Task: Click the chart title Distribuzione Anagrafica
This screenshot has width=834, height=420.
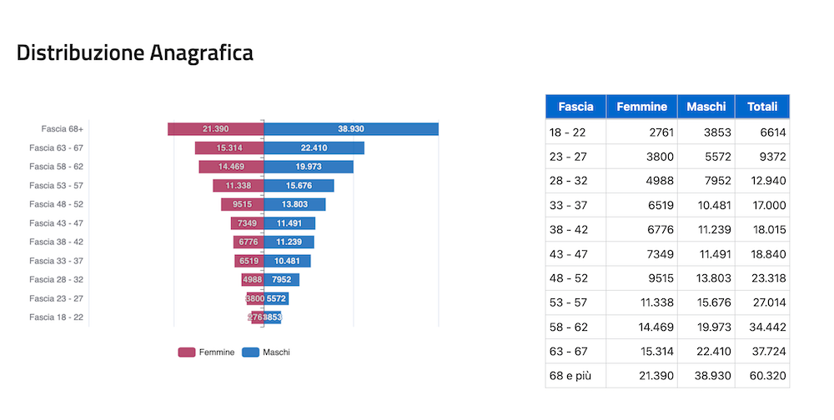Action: pos(135,52)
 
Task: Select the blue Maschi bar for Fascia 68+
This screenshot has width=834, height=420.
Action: pos(351,129)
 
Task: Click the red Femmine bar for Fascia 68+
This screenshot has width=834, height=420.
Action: pos(215,129)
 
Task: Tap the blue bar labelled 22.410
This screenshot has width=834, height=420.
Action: pos(314,148)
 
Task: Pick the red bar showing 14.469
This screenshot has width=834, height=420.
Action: pos(231,167)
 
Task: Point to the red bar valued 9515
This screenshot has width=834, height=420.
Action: pos(242,204)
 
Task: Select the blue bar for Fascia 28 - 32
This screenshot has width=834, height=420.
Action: pos(282,280)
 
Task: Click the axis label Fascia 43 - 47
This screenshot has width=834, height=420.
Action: pos(56,223)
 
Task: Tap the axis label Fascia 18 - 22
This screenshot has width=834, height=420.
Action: pos(56,317)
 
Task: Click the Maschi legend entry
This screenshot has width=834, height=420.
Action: pos(266,352)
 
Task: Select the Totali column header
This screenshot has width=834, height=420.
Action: pos(761,107)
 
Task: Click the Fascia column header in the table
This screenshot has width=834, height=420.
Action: pos(575,107)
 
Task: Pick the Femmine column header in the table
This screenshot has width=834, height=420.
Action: pos(641,107)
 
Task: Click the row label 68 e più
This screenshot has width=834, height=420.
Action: pos(570,376)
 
